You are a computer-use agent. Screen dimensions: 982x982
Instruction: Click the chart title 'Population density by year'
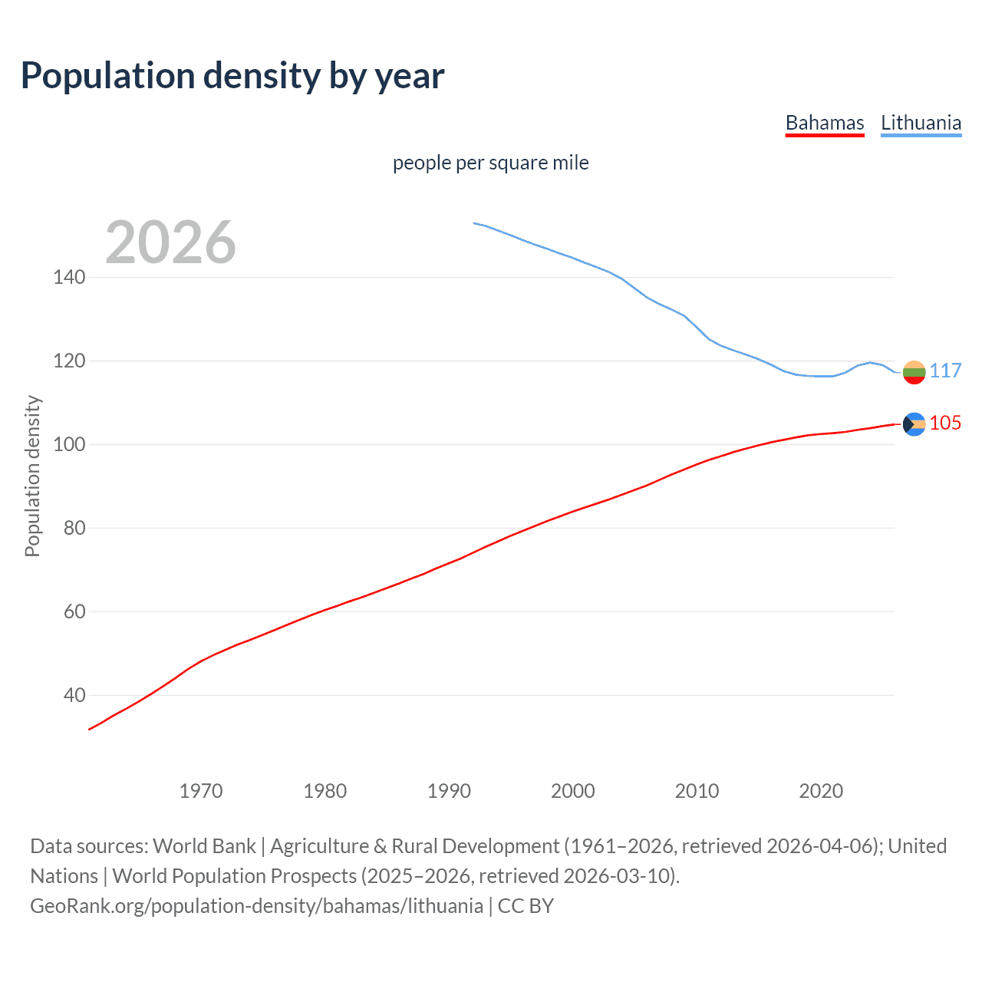click(232, 75)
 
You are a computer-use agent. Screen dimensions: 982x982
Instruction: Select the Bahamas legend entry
click(825, 123)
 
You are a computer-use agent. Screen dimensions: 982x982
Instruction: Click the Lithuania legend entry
click(921, 123)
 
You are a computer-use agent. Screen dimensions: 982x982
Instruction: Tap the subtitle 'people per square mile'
click(490, 163)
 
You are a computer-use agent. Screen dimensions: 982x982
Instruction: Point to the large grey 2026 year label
click(170, 242)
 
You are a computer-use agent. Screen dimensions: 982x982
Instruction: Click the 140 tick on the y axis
click(69, 277)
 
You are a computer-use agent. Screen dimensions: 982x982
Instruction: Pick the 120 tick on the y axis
click(69, 361)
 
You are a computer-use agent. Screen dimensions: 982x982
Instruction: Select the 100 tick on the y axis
click(69, 444)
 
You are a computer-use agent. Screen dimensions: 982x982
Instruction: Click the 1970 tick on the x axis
click(201, 791)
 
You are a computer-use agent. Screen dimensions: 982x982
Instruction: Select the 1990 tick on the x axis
click(449, 791)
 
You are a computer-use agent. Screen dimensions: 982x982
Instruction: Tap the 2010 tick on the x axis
click(697, 791)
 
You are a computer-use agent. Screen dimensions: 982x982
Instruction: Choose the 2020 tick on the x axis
click(821, 791)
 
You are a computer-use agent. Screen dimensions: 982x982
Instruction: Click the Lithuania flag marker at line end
click(914, 372)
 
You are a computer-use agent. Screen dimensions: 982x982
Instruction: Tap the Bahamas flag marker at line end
click(914, 424)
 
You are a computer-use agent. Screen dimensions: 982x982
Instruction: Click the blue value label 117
click(945, 371)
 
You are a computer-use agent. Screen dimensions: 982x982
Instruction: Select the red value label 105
click(945, 423)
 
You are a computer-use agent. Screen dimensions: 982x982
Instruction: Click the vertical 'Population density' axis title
click(32, 476)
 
